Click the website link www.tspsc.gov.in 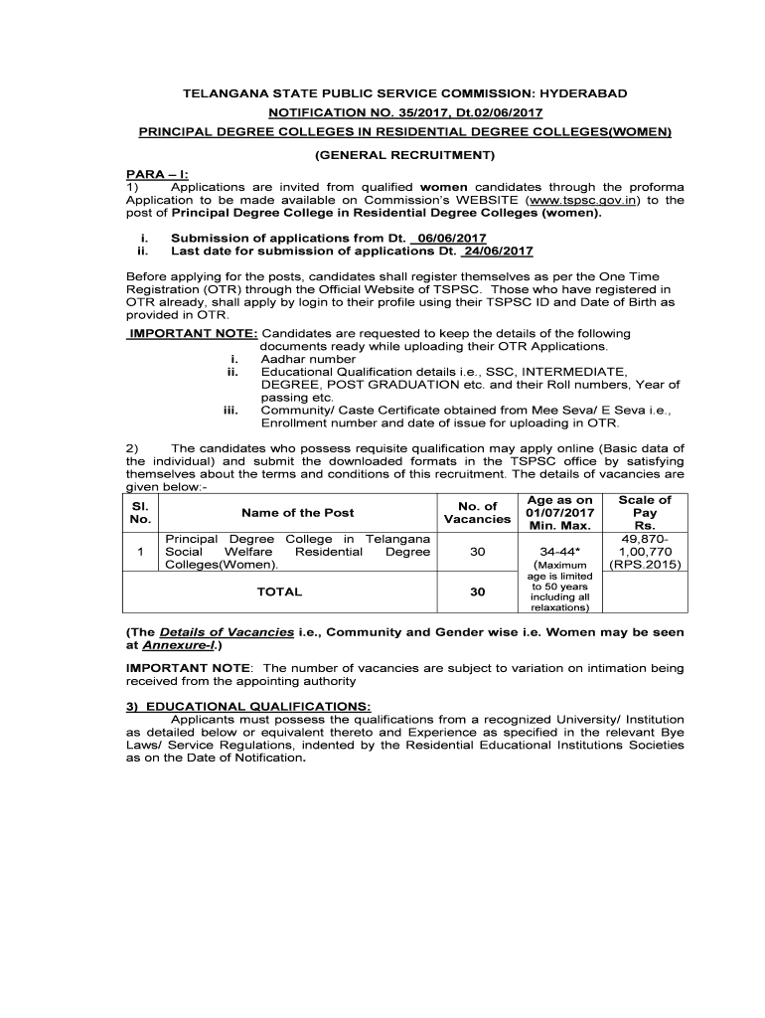pos(579,199)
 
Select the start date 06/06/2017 pos(451,239)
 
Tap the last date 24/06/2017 pos(498,251)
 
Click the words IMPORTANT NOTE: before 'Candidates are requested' pos(193,333)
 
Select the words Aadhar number pos(308,359)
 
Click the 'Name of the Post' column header pos(297,513)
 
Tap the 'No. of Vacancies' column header pos(477,513)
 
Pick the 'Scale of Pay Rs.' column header pos(644,513)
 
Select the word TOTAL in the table pos(279,592)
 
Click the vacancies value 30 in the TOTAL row pos(478,592)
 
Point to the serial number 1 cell pos(141,552)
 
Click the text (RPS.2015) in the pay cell pos(644,564)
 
